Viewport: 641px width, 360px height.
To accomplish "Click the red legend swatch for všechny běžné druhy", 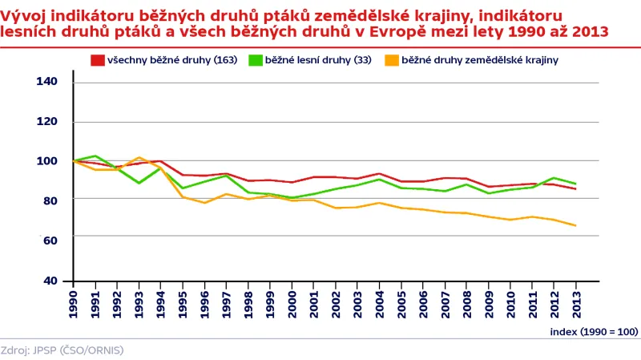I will coord(98,60).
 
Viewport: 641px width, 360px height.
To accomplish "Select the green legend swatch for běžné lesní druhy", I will coord(256,60).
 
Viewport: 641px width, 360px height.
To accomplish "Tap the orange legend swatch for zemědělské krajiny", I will coord(392,60).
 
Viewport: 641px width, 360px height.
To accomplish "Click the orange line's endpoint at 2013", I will coord(576,225).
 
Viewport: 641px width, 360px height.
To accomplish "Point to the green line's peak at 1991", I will coord(95,156).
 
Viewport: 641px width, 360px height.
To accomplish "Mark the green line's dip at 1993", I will coord(139,183).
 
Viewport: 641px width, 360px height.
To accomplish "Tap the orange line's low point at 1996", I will coord(204,203).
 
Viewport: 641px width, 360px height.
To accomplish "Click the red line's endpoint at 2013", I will coord(576,189).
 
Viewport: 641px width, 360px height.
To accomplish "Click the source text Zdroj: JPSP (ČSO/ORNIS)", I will coord(62,350).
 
